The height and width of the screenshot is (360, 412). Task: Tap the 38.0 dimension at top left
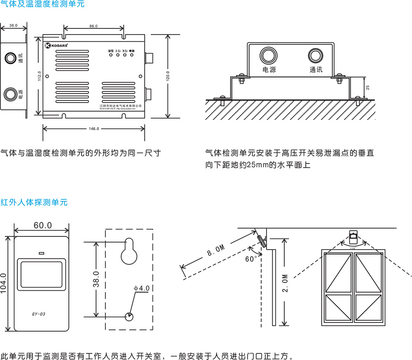click(x=14, y=26)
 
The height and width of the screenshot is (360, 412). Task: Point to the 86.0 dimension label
click(x=94, y=26)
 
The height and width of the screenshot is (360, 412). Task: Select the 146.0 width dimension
click(x=94, y=129)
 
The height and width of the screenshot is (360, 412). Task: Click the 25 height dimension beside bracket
click(x=368, y=87)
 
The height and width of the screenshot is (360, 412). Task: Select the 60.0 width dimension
click(x=42, y=225)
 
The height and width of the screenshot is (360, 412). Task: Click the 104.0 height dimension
click(x=4, y=284)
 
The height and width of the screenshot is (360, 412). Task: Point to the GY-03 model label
click(x=38, y=314)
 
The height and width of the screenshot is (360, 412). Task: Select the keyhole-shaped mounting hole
click(x=129, y=252)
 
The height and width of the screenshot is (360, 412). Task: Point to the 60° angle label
click(x=251, y=259)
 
